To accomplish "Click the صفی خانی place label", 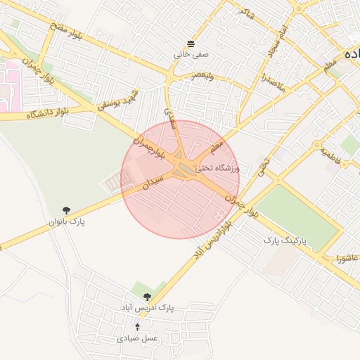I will coord(191,53).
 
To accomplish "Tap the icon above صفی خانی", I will coord(191,42).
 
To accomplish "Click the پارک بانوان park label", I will coord(66,221).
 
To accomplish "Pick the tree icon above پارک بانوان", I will coord(66,210).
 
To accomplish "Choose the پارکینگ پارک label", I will coord(281,240).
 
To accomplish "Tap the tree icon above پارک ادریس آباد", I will coord(147,297).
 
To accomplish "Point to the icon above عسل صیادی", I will coord(137,327).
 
